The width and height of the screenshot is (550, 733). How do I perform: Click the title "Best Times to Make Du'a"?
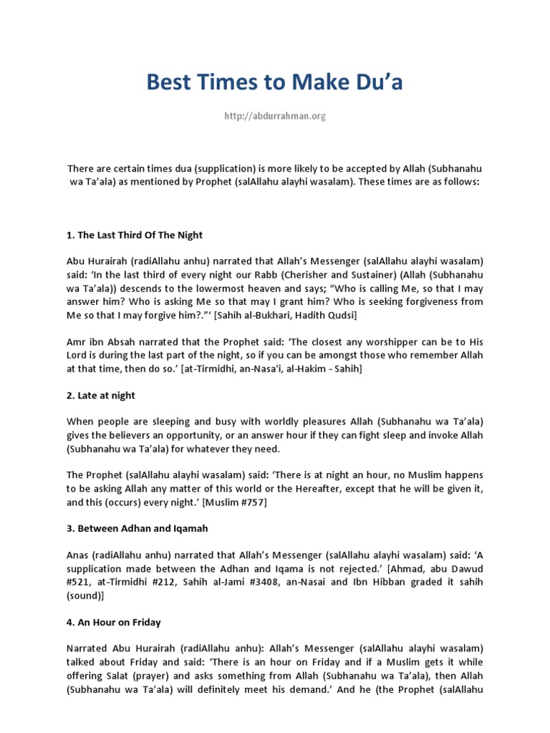click(x=275, y=82)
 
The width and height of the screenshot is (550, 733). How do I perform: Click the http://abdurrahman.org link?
click(x=275, y=116)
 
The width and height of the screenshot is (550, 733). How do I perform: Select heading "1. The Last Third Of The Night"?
click(x=135, y=235)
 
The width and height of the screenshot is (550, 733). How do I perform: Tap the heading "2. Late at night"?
click(x=101, y=395)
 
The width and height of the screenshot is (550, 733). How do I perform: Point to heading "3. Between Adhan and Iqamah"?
click(x=137, y=528)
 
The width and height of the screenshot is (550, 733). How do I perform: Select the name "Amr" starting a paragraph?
click(x=77, y=341)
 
